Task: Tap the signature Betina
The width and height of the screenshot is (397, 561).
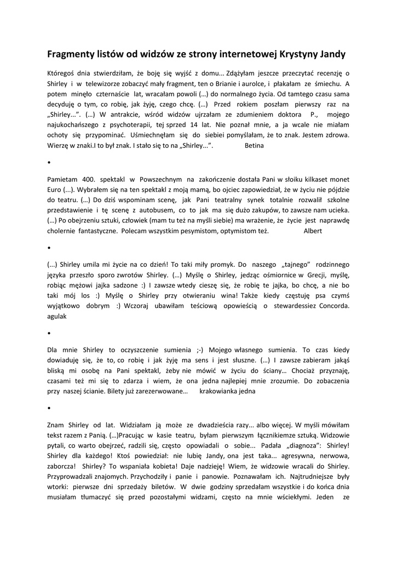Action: click(x=254, y=146)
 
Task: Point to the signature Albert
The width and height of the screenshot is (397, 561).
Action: click(x=313, y=231)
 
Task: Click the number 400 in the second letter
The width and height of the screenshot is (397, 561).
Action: click(x=88, y=179)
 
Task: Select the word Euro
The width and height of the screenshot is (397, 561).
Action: click(x=54, y=189)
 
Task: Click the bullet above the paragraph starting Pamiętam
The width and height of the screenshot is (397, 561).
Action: click(x=49, y=163)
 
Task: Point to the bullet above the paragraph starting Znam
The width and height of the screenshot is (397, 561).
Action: click(x=49, y=408)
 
